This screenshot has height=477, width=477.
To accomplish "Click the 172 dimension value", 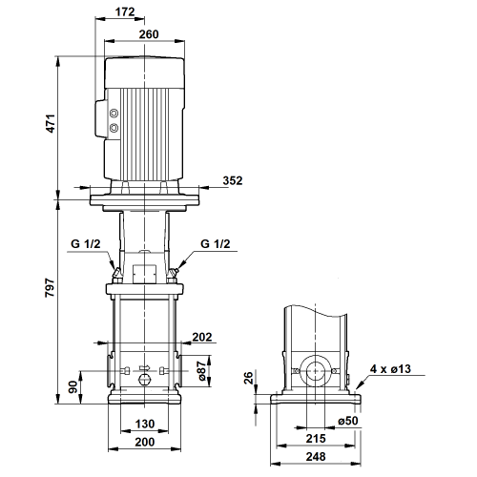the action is tap(125, 11).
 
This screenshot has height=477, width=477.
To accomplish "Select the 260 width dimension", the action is tap(149, 34).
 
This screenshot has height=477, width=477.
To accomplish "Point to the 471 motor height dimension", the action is tap(51, 123).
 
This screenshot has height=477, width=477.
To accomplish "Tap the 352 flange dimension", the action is tap(233, 180).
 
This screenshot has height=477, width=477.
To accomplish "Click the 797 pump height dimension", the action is tap(50, 288).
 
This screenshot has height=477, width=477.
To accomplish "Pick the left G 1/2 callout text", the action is tap(86, 244).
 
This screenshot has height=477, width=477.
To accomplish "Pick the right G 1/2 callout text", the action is tap(216, 244).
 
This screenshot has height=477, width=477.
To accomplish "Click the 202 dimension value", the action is tap(202, 337).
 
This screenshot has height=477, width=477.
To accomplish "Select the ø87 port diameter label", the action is tap(201, 371).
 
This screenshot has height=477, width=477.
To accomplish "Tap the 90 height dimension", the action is tap(73, 386).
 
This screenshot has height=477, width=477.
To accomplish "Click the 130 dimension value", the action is tap(145, 424).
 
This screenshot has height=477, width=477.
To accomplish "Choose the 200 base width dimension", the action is tap(145, 442).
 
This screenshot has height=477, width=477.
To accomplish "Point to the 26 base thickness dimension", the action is tap(248, 378).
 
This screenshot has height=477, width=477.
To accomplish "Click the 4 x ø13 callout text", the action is tap(390, 369).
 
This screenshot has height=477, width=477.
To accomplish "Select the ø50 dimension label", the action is tap(348, 421).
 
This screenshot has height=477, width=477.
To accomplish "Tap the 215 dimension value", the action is tap(316, 439).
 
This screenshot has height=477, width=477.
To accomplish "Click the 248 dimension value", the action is tap(316, 457).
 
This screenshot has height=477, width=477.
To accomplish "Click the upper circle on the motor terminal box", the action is tap(114, 114).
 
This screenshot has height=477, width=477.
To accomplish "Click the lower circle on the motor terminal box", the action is tap(114, 128).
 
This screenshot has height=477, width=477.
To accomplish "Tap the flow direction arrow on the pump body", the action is tap(145, 367).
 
